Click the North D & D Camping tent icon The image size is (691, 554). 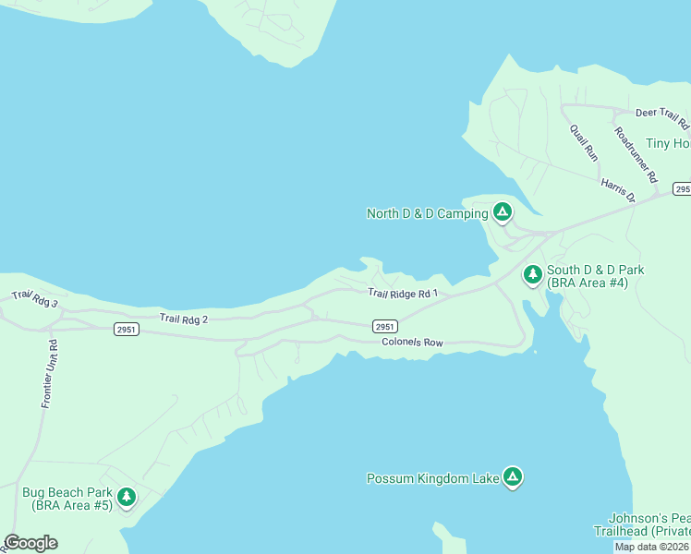[x=502, y=213]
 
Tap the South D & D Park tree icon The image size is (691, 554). [x=532, y=274]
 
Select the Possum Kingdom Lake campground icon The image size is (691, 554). [x=513, y=477]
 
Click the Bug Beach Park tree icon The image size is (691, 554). [x=127, y=498]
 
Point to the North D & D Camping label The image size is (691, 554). [x=427, y=214]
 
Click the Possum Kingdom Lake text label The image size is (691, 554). [x=432, y=478]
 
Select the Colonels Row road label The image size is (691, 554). [x=412, y=343]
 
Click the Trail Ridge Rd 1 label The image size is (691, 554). [x=402, y=294]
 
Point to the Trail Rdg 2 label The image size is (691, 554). [x=184, y=319]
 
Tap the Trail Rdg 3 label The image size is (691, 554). [x=34, y=299]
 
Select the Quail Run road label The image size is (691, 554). [x=584, y=142]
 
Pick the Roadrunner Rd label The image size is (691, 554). [x=635, y=153]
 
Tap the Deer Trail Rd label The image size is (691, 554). [x=661, y=117]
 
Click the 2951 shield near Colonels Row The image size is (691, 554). [x=385, y=327]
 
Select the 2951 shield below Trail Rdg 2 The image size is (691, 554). [x=127, y=330]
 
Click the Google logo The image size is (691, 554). [x=30, y=543]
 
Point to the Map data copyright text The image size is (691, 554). [x=652, y=547]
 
